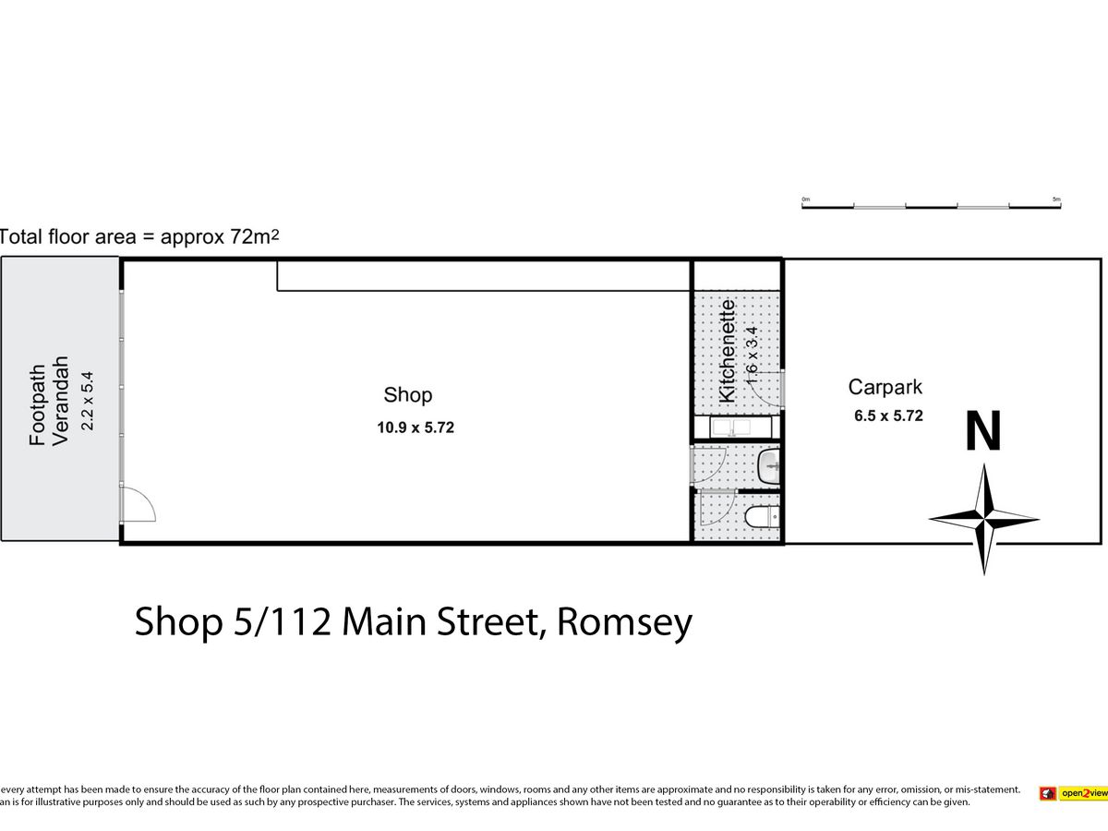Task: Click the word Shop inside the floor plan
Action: [407, 395]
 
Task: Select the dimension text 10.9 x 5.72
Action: [415, 428]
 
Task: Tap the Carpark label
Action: [885, 389]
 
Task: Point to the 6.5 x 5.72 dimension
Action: [888, 416]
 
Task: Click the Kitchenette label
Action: [727, 350]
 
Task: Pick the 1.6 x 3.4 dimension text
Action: [752, 355]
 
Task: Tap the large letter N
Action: [983, 432]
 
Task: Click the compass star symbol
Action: [984, 518]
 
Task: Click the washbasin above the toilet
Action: [768, 466]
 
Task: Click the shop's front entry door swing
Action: [139, 505]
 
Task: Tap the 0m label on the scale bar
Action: [805, 199]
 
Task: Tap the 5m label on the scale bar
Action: [1056, 199]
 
